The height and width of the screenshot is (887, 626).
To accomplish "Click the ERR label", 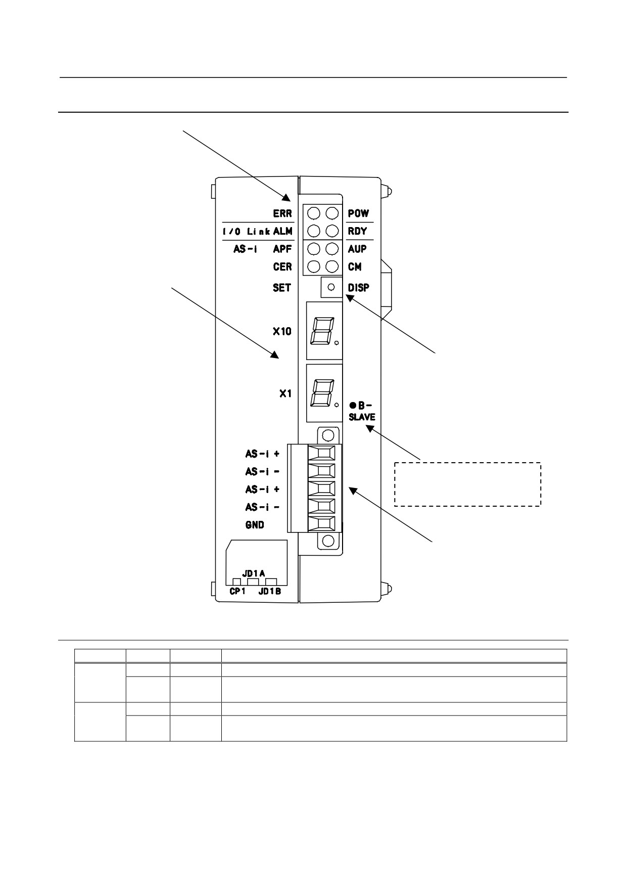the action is pyautogui.click(x=282, y=213).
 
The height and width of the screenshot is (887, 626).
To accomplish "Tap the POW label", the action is pyautogui.click(x=358, y=213).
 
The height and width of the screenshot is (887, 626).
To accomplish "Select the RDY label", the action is pyautogui.click(x=357, y=231).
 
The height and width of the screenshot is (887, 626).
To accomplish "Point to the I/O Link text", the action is pyautogui.click(x=246, y=232).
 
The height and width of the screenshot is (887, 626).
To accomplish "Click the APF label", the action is pyautogui.click(x=282, y=249).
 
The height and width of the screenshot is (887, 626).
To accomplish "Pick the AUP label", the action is pyautogui.click(x=357, y=249).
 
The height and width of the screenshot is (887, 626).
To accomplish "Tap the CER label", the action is pyautogui.click(x=282, y=267).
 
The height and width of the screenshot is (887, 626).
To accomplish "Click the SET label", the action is pyautogui.click(x=282, y=287).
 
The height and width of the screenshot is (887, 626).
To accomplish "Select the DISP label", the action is pyautogui.click(x=359, y=287).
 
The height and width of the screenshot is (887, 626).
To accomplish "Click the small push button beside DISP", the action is pyautogui.click(x=331, y=287).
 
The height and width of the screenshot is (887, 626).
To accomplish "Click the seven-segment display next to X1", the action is pyautogui.click(x=324, y=393).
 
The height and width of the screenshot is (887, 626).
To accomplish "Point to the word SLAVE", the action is pyautogui.click(x=362, y=417).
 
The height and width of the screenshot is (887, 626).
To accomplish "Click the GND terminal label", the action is pyautogui.click(x=255, y=525).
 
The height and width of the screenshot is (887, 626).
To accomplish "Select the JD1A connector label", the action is pyautogui.click(x=254, y=573).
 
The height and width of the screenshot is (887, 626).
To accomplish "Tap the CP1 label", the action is pyautogui.click(x=237, y=591).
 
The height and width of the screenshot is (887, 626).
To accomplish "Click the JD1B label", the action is pyautogui.click(x=270, y=591).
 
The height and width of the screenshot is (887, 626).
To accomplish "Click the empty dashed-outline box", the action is pyautogui.click(x=467, y=484).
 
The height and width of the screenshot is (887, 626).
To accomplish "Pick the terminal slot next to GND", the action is pyautogui.click(x=322, y=524).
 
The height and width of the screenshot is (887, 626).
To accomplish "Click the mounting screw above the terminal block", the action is pyautogui.click(x=328, y=435).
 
